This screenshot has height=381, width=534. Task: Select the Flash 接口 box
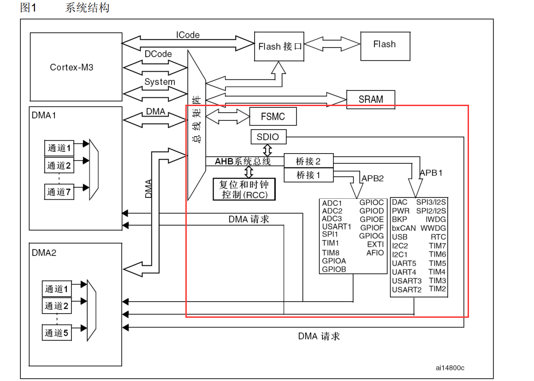279,47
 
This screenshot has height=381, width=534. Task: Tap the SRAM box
371,99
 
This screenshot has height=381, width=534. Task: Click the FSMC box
273,117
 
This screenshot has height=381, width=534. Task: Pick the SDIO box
268,137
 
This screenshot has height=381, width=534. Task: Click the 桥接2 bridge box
309,161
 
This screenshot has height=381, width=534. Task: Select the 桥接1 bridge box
309,175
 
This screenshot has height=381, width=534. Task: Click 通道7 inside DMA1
59,191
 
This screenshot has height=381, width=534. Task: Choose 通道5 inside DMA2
57,333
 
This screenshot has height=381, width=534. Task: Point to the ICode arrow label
187,35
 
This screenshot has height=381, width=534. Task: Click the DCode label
158,54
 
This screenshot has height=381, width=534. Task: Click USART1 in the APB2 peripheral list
337,226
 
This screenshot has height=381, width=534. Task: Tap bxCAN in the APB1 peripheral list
404,228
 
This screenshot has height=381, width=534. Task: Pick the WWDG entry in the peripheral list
433,228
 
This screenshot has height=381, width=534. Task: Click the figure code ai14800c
450,368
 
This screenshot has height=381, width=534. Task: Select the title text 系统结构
87,8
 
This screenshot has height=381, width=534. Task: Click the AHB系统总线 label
243,161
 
